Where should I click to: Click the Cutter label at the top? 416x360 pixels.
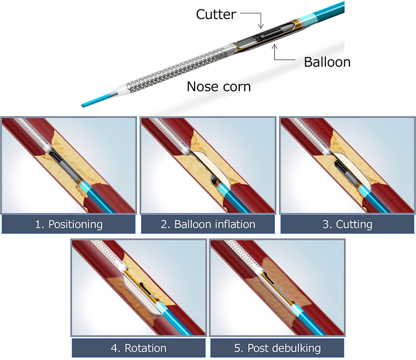[x=215, y=14]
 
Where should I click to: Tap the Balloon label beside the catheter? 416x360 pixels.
[x=327, y=62]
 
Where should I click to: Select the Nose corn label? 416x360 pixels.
[x=218, y=86]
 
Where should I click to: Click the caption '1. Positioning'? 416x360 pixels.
[x=69, y=225]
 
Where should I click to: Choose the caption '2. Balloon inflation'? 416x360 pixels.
[x=208, y=225]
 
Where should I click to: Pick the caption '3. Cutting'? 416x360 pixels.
[x=347, y=225]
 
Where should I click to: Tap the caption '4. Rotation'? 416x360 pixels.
[x=138, y=348]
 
